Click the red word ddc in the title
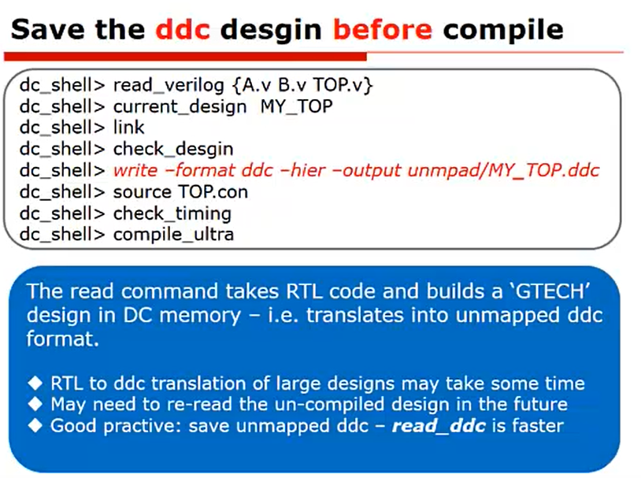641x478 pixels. tap(183, 29)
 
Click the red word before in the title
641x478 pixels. tap(382, 29)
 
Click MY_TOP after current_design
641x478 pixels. tap(296, 106)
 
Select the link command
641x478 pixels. tap(129, 128)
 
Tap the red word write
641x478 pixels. tap(135, 170)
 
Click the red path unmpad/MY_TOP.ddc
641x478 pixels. tap(504, 170)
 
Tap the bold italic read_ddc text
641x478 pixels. tap(438, 426)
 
